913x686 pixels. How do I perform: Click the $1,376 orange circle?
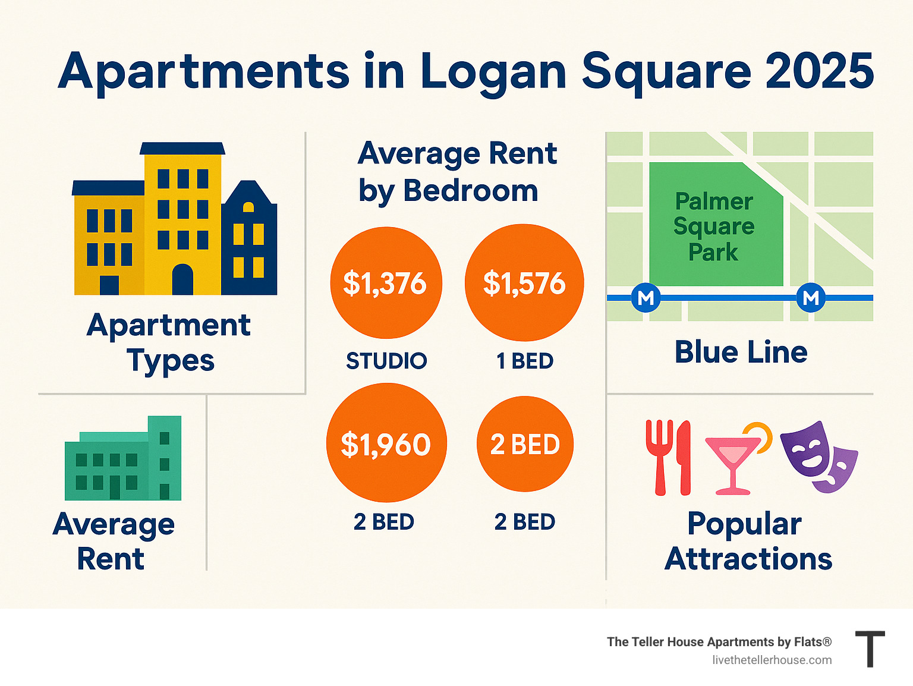click(386, 283)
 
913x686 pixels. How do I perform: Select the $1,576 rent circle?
click(524, 283)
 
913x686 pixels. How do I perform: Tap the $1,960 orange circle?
click(386, 443)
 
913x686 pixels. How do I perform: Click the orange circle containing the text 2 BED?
click(525, 444)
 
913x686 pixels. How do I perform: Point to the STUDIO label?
click(386, 361)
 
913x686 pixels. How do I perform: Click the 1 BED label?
click(525, 361)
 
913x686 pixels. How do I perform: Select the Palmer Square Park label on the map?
click(714, 226)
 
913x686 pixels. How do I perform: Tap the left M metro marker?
click(646, 297)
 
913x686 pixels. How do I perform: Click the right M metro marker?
click(811, 297)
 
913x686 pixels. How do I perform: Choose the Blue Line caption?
click(741, 352)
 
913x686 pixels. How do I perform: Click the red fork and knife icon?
click(669, 457)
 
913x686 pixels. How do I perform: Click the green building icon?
click(123, 460)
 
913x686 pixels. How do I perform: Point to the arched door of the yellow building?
click(182, 279)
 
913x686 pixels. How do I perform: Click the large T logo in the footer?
click(870, 649)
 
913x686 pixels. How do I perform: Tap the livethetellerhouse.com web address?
click(772, 660)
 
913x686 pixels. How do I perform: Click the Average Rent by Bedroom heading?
click(457, 172)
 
